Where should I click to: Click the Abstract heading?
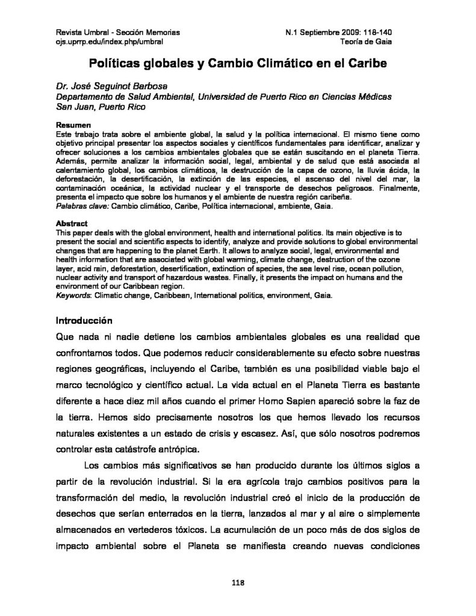[x=72, y=223]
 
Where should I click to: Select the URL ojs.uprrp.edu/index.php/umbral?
[x=109, y=42]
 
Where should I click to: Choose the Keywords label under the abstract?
[x=72, y=295]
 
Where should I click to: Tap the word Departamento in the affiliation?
[x=85, y=96]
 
